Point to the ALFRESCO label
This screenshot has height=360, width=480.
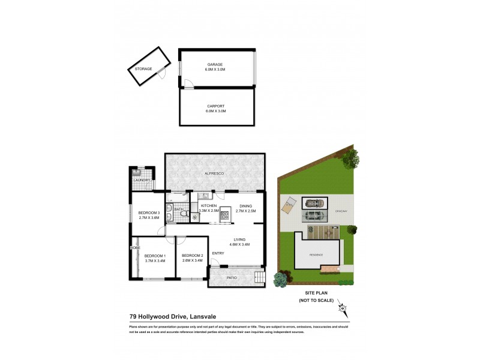[215, 173]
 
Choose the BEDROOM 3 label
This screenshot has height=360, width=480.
[148, 213]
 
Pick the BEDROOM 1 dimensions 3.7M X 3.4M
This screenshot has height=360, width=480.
[154, 261]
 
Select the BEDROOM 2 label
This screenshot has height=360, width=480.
[192, 255]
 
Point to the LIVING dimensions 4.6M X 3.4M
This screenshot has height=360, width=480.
[238, 244]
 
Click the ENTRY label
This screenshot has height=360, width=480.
[218, 253]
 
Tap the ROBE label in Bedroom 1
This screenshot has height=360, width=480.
[136, 247]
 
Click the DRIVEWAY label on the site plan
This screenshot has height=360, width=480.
[341, 210]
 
